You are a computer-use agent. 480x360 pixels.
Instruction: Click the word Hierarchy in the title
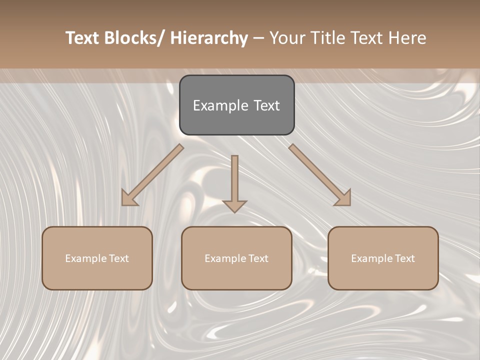[x=209, y=38]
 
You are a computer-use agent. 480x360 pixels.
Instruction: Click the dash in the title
[x=258, y=38]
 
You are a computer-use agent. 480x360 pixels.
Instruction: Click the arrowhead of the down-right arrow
[x=343, y=198]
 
